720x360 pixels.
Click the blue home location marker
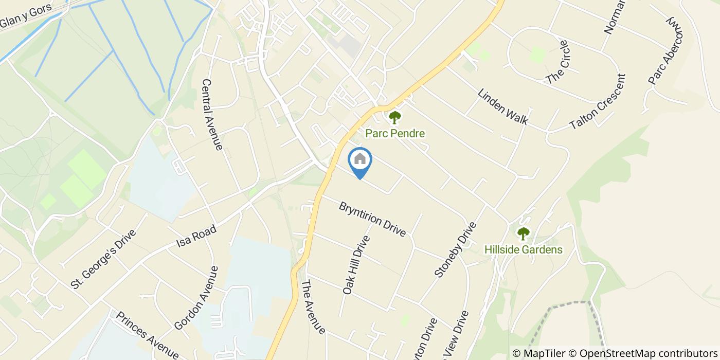click(x=360, y=160)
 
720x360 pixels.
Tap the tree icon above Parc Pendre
click(x=394, y=118)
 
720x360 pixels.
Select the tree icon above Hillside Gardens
click(x=523, y=234)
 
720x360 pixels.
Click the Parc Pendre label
click(x=395, y=134)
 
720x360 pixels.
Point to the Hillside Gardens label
click(x=523, y=250)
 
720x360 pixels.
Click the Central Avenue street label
click(x=212, y=114)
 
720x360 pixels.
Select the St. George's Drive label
click(x=103, y=258)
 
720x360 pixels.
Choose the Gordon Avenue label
click(x=196, y=298)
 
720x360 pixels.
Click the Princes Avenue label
click(x=147, y=335)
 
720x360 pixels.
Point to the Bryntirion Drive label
click(x=372, y=219)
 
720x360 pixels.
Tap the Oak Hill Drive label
click(x=356, y=265)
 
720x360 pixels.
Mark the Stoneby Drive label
click(x=453, y=250)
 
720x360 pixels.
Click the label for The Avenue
click(x=313, y=307)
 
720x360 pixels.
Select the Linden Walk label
click(x=502, y=107)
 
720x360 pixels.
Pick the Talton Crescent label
click(x=598, y=102)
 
